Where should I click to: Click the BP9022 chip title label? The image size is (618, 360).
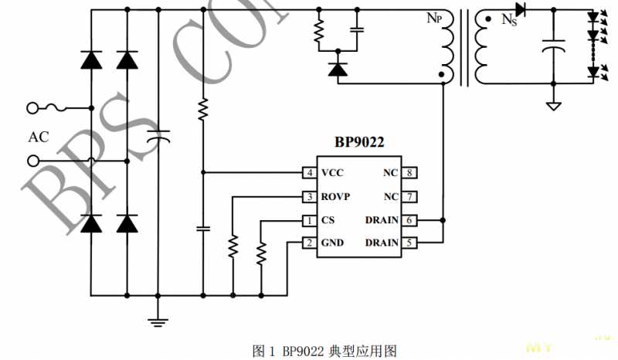coord(359,142)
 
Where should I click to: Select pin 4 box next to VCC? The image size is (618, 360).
coord(309,173)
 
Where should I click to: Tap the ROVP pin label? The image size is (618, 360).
coord(336,196)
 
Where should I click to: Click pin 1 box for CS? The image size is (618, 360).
coord(309,220)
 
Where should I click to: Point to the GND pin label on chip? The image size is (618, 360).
coord(332,243)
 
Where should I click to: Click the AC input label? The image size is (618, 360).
coord(39,138)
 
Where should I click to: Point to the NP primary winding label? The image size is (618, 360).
coord(435,17)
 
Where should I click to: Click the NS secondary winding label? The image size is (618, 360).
coord(509,20)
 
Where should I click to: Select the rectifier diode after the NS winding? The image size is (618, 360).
coord(520,10)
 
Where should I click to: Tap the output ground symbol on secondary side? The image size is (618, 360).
coord(553,105)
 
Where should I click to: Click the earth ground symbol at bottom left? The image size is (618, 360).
coord(158,321)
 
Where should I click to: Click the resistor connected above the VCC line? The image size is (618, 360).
coord(202,110)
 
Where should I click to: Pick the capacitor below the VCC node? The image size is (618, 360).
coord(202,229)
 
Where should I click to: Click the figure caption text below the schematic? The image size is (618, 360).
coord(324,351)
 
